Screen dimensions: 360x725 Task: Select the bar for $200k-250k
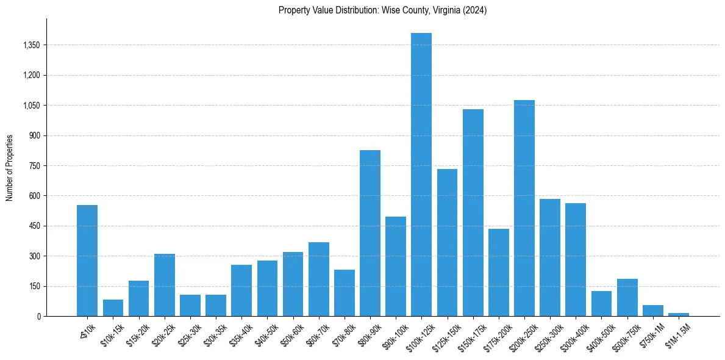(524, 208)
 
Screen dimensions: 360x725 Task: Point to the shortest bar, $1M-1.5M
(679, 314)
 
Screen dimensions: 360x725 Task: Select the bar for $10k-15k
(113, 308)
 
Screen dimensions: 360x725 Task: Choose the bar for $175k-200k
(499, 272)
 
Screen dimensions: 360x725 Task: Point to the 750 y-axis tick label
(35, 166)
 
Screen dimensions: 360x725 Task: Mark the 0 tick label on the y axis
(38, 317)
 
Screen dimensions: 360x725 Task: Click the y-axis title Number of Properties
(10, 168)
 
